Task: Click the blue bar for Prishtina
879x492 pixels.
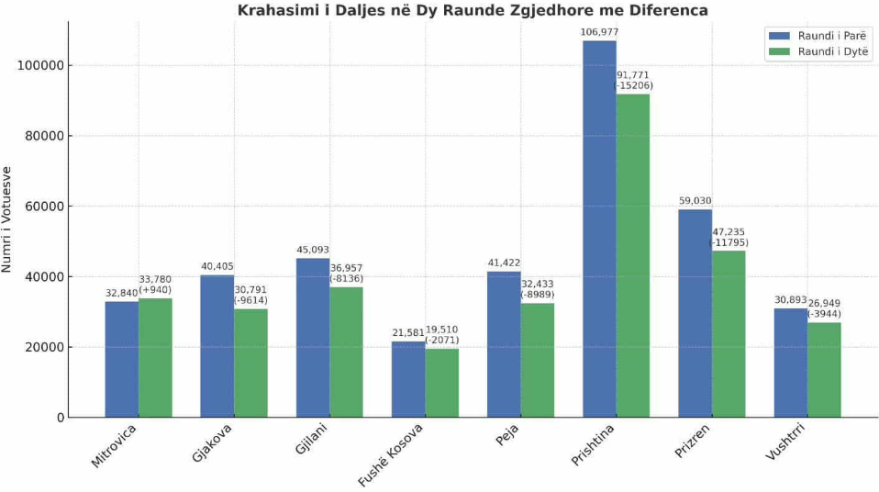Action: tap(599, 229)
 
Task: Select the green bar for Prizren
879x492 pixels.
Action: tap(728, 334)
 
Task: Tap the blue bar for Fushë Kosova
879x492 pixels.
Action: tap(408, 379)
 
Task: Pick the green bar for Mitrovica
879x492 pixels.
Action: tap(155, 358)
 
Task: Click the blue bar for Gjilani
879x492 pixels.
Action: tap(313, 338)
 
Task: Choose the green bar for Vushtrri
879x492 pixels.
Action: tap(824, 370)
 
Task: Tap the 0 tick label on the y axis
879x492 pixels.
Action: tap(60, 418)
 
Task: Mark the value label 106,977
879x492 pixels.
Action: tap(599, 32)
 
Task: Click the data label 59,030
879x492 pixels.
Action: tap(695, 201)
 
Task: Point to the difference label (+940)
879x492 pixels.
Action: tap(155, 290)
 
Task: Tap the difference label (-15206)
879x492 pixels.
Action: tap(633, 85)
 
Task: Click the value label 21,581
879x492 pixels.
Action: tap(408, 333)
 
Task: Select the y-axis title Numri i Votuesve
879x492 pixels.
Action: tap(8, 219)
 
